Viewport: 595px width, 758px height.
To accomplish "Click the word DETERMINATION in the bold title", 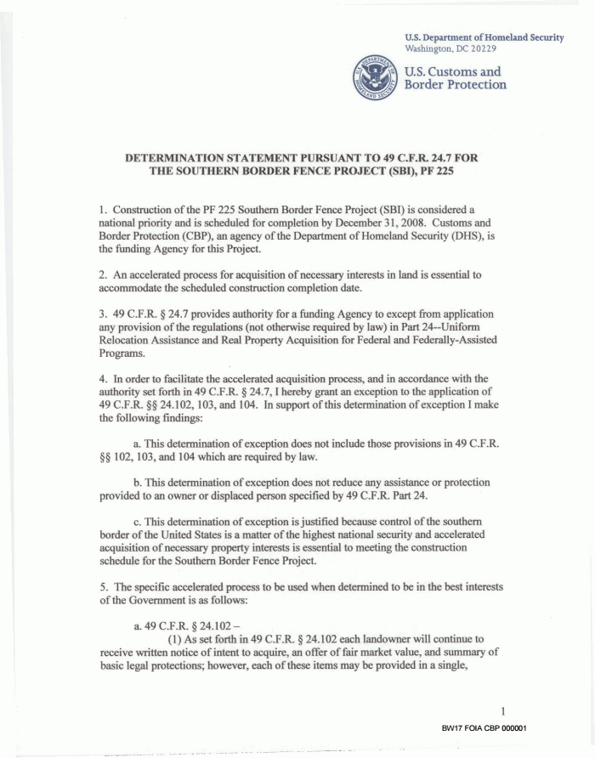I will coord(182,159).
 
